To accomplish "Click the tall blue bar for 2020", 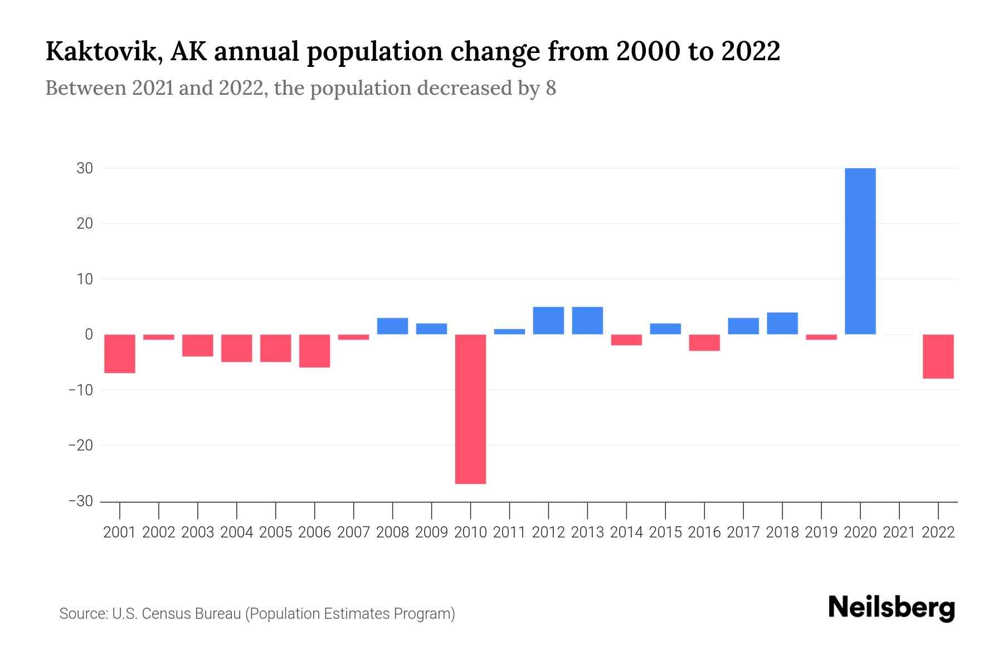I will pyautogui.click(x=860, y=251).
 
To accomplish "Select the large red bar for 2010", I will pyautogui.click(x=470, y=409).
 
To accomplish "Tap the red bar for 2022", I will pyautogui.click(x=938, y=356).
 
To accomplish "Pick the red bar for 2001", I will pyautogui.click(x=120, y=353).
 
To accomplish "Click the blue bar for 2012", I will pyautogui.click(x=548, y=321).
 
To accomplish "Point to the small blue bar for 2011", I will pyautogui.click(x=509, y=332).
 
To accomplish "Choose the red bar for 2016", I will pyautogui.click(x=704, y=342).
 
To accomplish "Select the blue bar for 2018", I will pyautogui.click(x=782, y=323).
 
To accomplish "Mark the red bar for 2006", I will pyautogui.click(x=315, y=351).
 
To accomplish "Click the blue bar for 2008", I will pyautogui.click(x=392, y=326).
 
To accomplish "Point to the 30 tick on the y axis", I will pyautogui.click(x=85, y=168).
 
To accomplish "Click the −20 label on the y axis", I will pyautogui.click(x=80, y=445).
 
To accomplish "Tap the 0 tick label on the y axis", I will pyautogui.click(x=89, y=334).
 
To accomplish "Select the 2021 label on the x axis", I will pyautogui.click(x=899, y=532).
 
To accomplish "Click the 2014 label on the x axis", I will pyautogui.click(x=626, y=532).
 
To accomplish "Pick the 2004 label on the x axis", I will pyautogui.click(x=237, y=532).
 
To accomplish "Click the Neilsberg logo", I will pyautogui.click(x=892, y=608).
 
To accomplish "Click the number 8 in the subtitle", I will pyautogui.click(x=551, y=89).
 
